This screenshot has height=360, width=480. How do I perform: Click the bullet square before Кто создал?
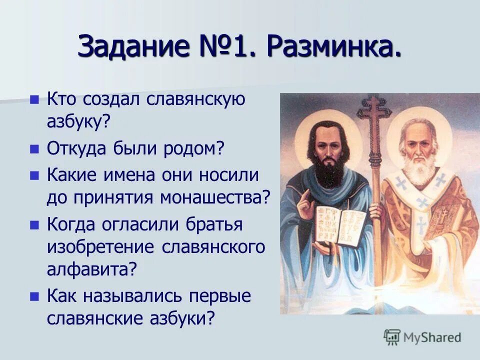pyautogui.click(x=34, y=99)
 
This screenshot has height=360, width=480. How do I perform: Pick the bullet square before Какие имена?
pyautogui.click(x=34, y=175)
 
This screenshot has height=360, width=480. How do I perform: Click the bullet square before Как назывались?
pyautogui.click(x=34, y=295)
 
